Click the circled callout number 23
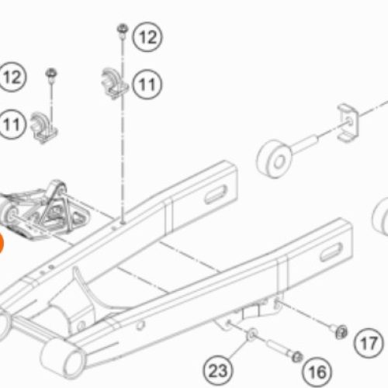click(218, 370)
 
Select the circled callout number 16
click(317, 372)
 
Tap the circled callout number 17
click(369, 343)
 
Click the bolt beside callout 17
click(339, 331)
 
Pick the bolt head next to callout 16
click(296, 357)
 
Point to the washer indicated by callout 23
click(252, 334)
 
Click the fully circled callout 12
click(147, 37)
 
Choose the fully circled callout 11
click(147, 85)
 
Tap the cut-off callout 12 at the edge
click(12, 77)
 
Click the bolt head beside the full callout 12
click(123, 29)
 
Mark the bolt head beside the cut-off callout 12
click(51, 73)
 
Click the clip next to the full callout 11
click(114, 83)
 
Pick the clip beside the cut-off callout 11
click(43, 127)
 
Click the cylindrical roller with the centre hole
click(274, 159)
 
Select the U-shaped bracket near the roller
click(348, 123)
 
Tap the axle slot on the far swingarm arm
click(216, 195)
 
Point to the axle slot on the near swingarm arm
click(331, 252)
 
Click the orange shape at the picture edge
click(1, 243)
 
